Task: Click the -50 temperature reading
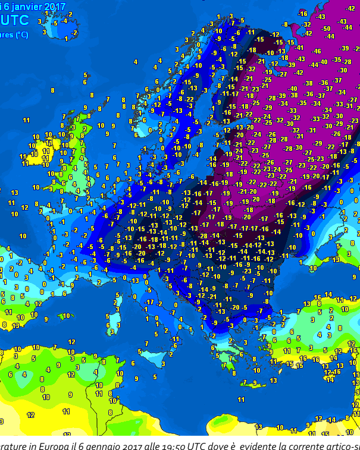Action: pyautogui.click(x=325, y=29)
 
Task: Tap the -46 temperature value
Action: pyautogui.click(x=317, y=52)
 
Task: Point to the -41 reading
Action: pyautogui.click(x=299, y=48)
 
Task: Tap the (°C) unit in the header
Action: pyautogui.click(x=21, y=35)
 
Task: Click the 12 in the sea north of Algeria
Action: pyautogui.click(x=71, y=342)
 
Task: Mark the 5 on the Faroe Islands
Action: pyautogui.click(x=85, y=75)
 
